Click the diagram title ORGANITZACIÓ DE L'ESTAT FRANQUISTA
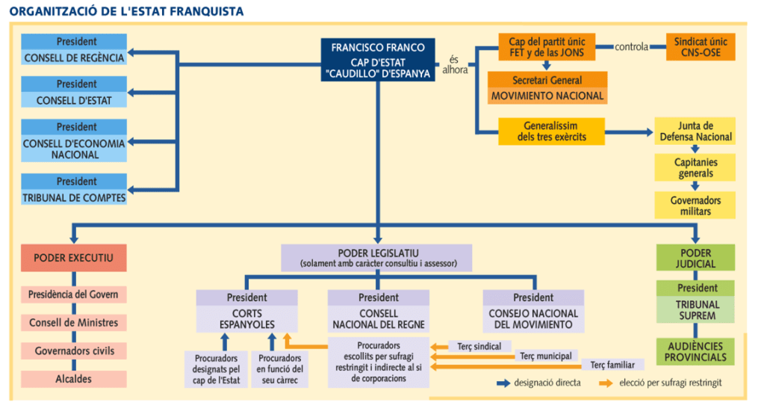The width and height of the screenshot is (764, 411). coord(126,11)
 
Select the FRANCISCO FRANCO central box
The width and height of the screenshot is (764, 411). coord(378,61)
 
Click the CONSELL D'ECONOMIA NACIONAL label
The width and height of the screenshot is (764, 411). coord(74,149)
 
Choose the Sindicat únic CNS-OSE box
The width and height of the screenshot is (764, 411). coord(700,46)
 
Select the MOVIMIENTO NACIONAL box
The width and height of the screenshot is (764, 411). coord(547,96)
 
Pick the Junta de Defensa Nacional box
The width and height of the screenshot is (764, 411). coord(695,132)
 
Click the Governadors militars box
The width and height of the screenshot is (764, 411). coord(695,205)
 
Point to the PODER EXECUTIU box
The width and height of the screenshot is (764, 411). coord(74,258)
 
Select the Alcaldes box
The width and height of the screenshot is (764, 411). coord(74,379)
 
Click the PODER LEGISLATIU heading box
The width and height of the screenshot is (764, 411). coord(377,258)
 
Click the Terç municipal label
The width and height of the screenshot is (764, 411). coord(544,356)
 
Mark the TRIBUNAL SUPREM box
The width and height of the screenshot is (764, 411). coord(696,309)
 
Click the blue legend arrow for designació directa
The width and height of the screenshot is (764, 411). coord(505,383)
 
